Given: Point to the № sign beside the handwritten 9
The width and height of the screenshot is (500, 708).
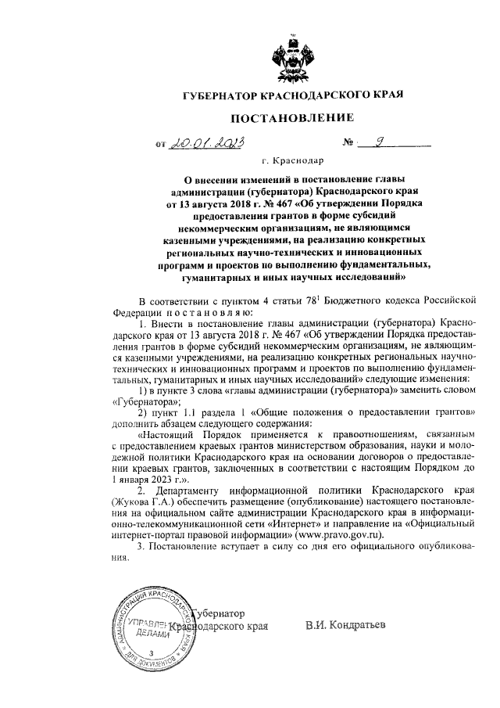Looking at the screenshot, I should coord(348,143).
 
